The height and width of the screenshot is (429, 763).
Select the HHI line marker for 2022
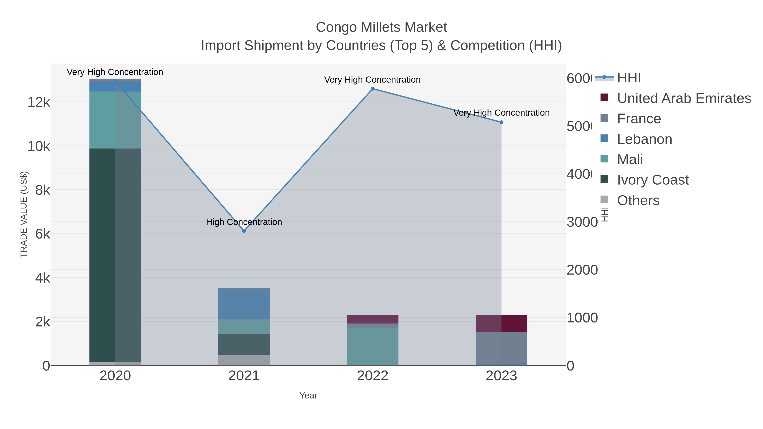point(373,89)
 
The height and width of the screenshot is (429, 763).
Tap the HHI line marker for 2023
point(501,122)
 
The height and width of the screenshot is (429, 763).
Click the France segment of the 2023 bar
point(501,348)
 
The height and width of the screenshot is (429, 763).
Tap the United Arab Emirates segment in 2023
point(501,323)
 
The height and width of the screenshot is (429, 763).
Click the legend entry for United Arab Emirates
point(684,98)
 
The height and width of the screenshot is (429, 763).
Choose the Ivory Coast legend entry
point(653,180)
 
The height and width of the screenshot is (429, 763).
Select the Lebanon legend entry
point(644,139)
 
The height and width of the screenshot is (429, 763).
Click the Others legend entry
point(638,200)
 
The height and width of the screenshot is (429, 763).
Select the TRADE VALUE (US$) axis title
point(24,214)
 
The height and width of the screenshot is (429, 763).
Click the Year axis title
point(308,396)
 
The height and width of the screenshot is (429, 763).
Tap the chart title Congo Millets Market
point(381,27)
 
